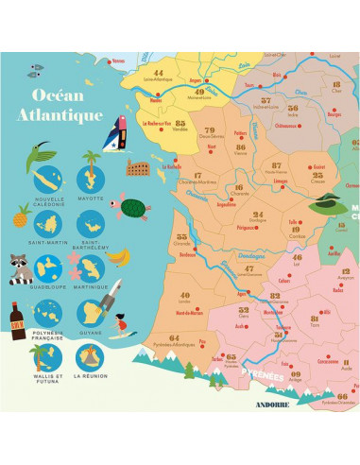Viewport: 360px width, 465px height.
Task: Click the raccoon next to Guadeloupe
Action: click(x=20, y=267)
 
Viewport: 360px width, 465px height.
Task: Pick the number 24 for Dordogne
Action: click(x=230, y=215)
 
